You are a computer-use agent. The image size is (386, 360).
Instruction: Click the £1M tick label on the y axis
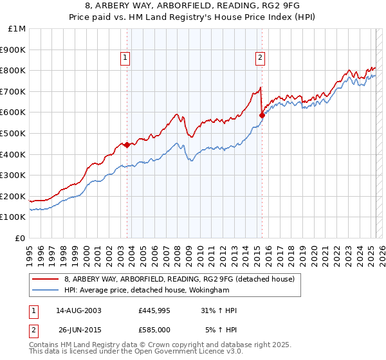click(x=17, y=29)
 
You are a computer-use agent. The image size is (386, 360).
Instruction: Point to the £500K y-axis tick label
click(x=14, y=134)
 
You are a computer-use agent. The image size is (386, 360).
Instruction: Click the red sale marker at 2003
click(x=127, y=145)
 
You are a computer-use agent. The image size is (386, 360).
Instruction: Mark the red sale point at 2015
click(x=262, y=116)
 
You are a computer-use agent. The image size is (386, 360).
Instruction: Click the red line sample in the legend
click(x=46, y=279)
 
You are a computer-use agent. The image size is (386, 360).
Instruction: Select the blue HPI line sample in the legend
click(x=46, y=290)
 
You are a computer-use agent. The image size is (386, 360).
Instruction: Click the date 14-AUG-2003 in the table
click(x=75, y=310)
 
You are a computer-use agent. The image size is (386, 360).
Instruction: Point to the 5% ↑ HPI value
click(x=221, y=329)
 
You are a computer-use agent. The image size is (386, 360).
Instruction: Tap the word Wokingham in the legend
click(x=194, y=290)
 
